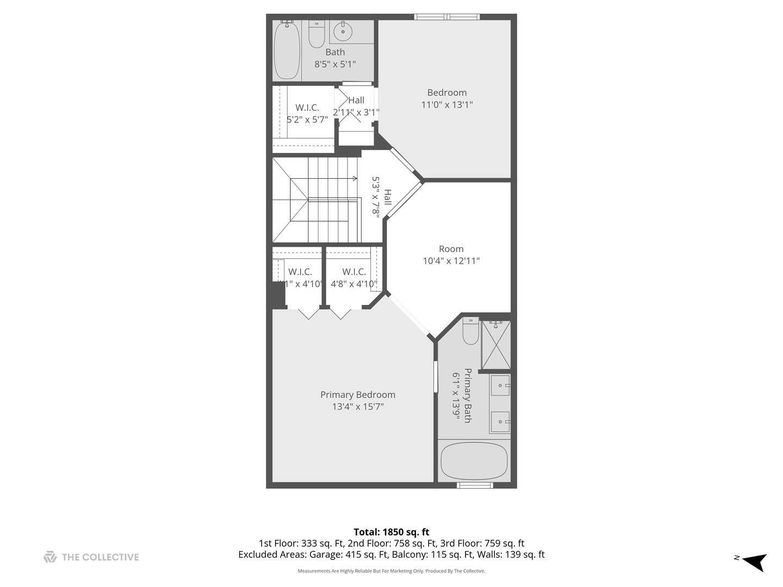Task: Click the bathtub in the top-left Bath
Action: [x=287, y=50]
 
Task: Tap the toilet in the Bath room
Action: [x=316, y=35]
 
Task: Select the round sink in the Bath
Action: [x=343, y=32]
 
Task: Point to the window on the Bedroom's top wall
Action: [x=447, y=17]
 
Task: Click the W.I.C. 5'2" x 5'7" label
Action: [x=307, y=114]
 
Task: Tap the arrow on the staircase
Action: [x=354, y=178]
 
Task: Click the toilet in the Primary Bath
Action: [x=470, y=332]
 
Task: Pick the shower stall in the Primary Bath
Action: [x=496, y=345]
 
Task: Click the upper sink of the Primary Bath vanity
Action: [x=500, y=385]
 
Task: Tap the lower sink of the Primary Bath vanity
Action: [x=500, y=421]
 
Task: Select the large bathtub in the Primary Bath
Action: [x=474, y=461]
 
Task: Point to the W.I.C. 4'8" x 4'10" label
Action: [x=354, y=278]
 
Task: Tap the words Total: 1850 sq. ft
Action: [x=391, y=532]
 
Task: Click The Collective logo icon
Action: [x=50, y=557]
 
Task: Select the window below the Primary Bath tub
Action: [x=475, y=485]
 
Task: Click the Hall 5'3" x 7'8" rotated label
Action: [x=381, y=196]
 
